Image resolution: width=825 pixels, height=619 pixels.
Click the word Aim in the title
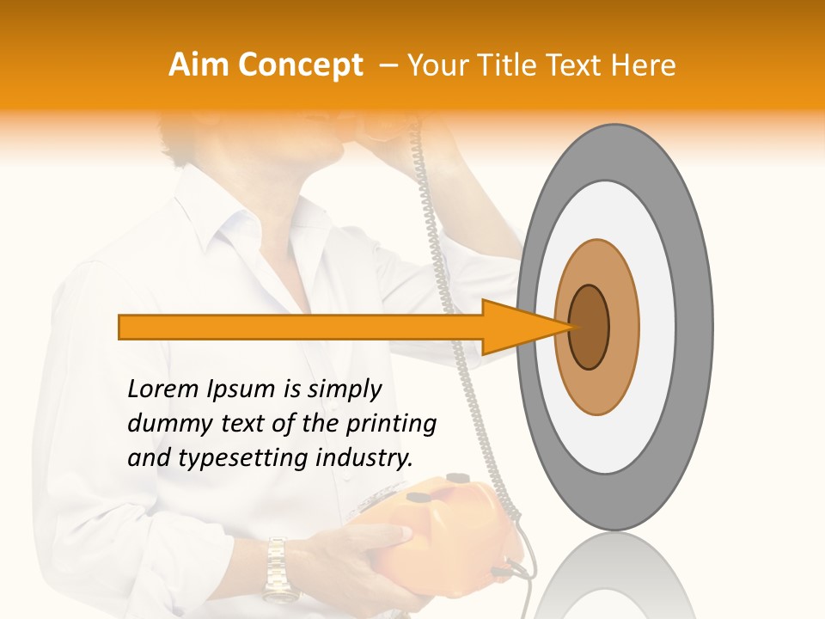[199, 65]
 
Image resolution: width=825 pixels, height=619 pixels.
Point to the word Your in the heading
[434, 65]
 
